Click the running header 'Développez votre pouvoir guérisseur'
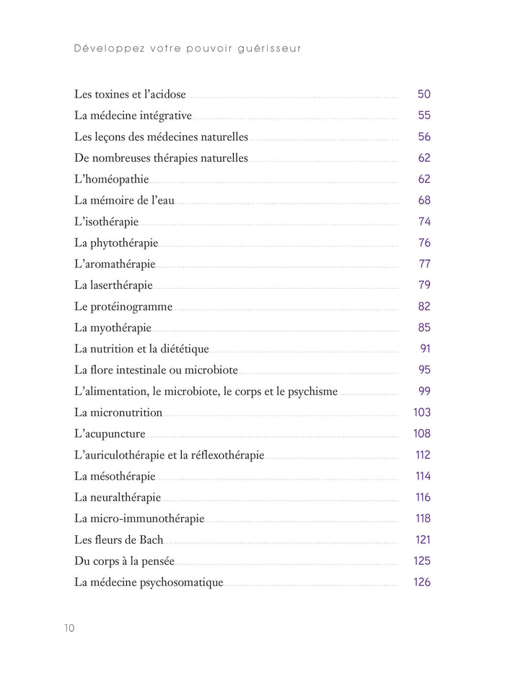click(188, 49)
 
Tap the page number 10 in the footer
click(69, 628)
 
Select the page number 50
click(423, 95)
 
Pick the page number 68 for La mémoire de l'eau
click(423, 200)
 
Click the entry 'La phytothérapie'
click(116, 243)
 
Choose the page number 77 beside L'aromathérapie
click(424, 264)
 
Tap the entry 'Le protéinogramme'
click(123, 306)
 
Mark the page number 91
click(425, 349)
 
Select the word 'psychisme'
click(312, 391)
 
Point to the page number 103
click(422, 412)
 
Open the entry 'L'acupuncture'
click(110, 434)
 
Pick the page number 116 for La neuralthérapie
click(423, 497)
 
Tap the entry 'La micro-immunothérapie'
click(139, 519)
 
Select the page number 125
click(422, 560)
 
